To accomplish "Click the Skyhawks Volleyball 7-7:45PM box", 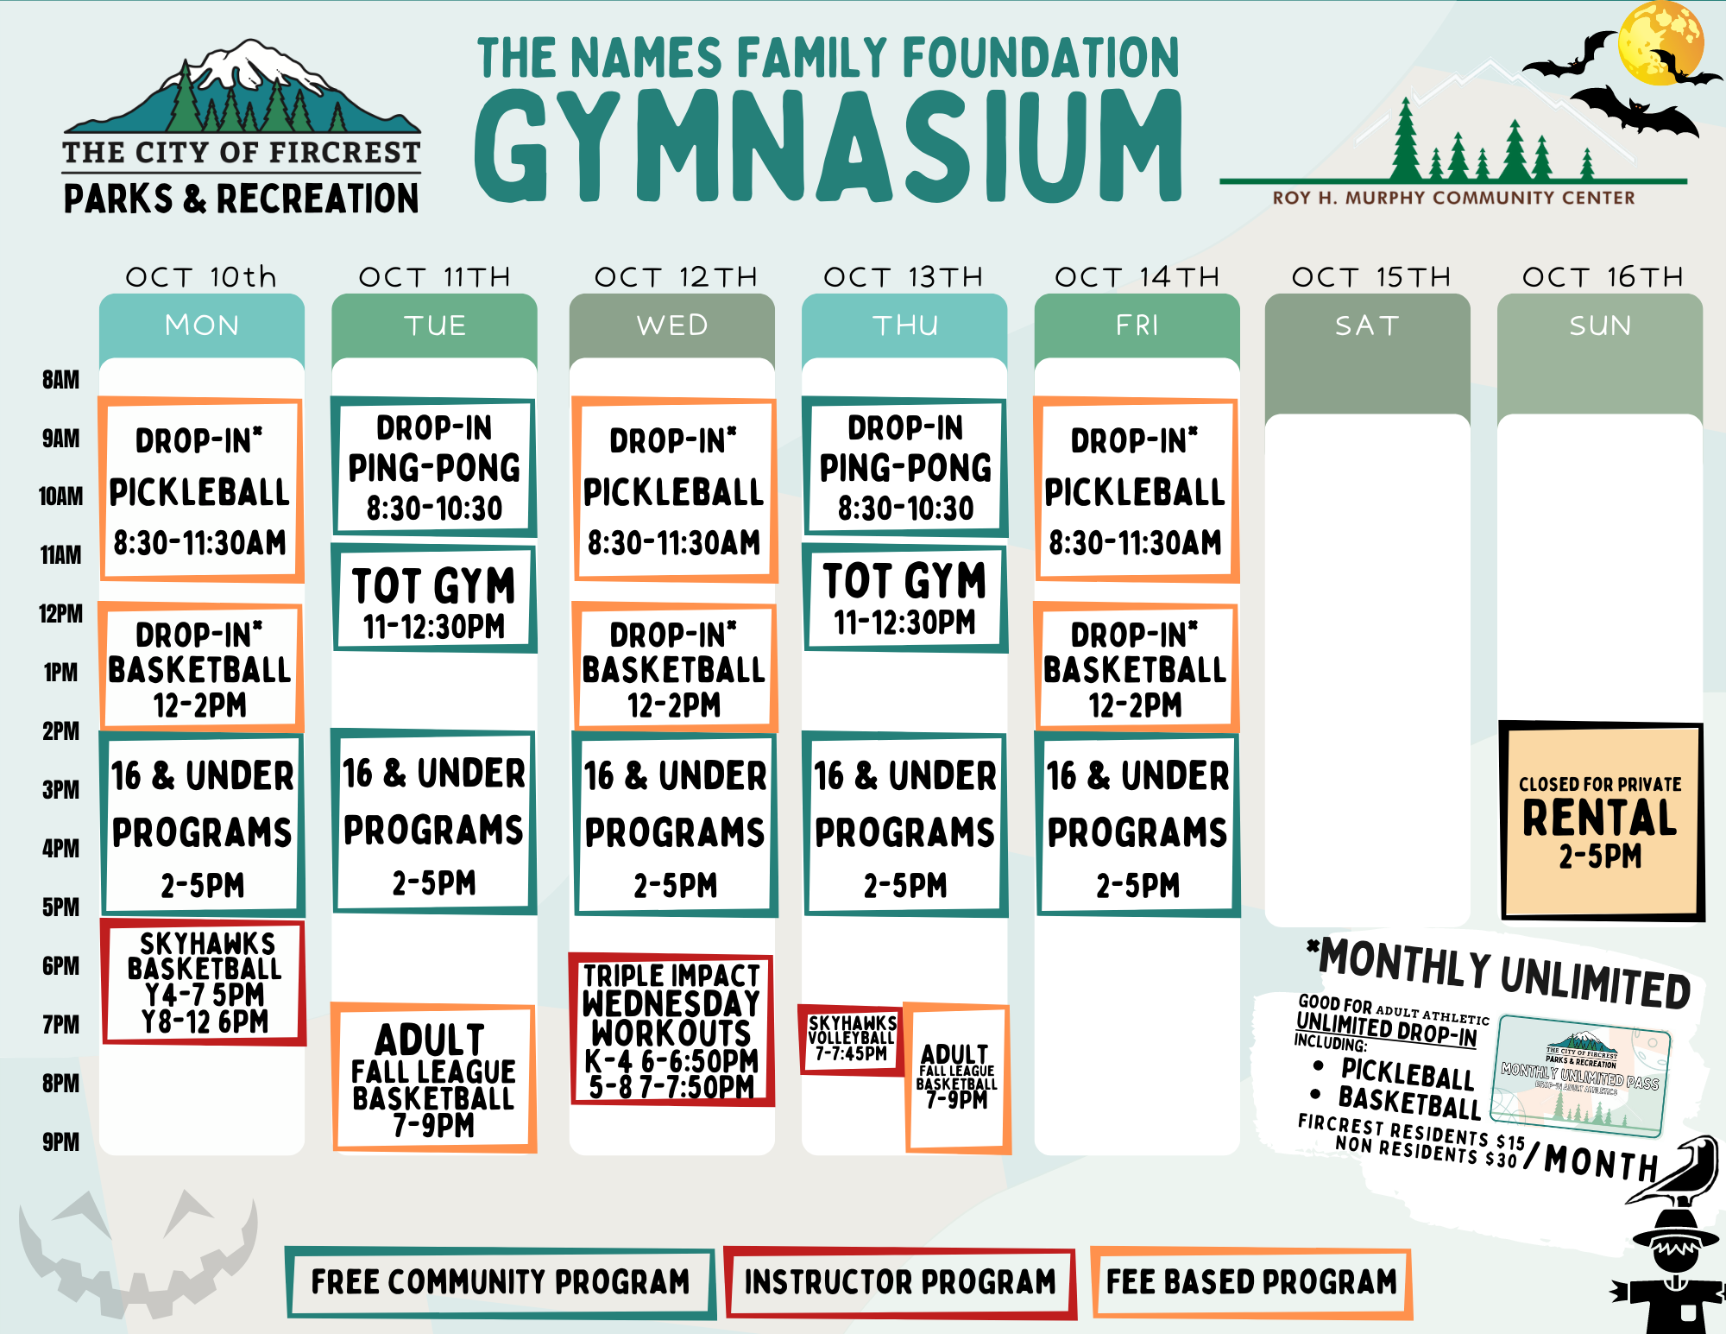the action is coord(851,1040).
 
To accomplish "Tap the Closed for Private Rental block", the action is coord(1601,821).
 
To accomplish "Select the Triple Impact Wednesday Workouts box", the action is coord(671,1029).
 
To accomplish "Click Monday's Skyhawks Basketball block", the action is coord(204,983).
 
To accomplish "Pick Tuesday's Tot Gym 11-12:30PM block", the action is coord(434,598).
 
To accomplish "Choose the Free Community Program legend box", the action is coord(501,1282).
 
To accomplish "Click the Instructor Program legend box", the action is coord(900,1282).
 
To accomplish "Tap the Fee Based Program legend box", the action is coord(1251,1282).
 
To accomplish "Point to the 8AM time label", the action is coord(60,380).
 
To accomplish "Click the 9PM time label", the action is coord(60,1142).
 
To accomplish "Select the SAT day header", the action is coord(1367,326).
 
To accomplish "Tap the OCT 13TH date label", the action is coord(904,277).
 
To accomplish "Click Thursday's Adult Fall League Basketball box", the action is coord(957,1078).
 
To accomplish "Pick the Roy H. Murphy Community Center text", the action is coord(1454,198).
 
